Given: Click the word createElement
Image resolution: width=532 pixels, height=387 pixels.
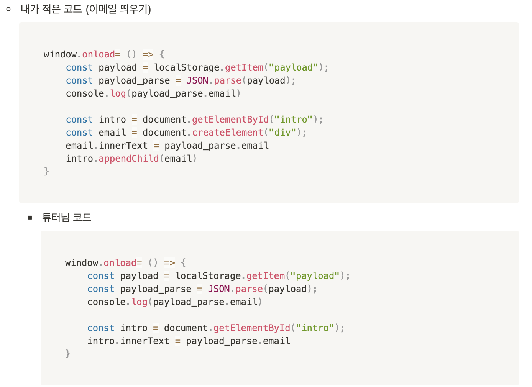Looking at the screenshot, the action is point(228,133).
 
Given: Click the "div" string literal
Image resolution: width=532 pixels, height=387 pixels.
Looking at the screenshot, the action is point(282,133).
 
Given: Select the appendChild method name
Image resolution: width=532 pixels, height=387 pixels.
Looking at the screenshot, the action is point(129,159).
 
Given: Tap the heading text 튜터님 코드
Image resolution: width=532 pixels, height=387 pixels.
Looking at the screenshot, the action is point(67,218).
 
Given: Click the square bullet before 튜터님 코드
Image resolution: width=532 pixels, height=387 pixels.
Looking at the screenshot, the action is point(30,218).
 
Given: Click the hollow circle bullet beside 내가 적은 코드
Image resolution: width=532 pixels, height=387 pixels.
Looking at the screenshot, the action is point(8,9).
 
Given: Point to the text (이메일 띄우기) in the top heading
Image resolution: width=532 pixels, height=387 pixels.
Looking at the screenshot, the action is point(118,9).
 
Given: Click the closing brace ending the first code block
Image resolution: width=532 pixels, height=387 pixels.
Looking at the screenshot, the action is point(46,171).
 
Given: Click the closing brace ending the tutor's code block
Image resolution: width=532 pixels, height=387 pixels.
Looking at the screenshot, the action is point(68,354).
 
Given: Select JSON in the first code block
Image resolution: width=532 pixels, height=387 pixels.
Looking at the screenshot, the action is point(197,80).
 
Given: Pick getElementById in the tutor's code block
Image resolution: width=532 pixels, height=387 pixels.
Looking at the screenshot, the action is point(252,328).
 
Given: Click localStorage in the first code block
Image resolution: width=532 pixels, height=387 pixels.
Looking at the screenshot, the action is point(187,67).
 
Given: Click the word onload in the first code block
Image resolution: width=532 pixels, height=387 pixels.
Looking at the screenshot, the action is point(99,54).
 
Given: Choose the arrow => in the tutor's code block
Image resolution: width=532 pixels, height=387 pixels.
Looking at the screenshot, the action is point(169,263).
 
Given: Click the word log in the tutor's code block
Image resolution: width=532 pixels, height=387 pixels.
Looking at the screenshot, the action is point(140,302).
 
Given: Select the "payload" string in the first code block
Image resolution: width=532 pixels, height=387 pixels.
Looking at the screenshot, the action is point(294,67).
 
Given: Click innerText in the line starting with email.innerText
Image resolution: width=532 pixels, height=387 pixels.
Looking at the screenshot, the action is point(123,146).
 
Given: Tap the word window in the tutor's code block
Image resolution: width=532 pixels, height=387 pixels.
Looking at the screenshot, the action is point(82,263).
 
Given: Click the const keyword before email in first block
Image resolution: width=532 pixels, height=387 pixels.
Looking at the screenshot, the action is point(79,133).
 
